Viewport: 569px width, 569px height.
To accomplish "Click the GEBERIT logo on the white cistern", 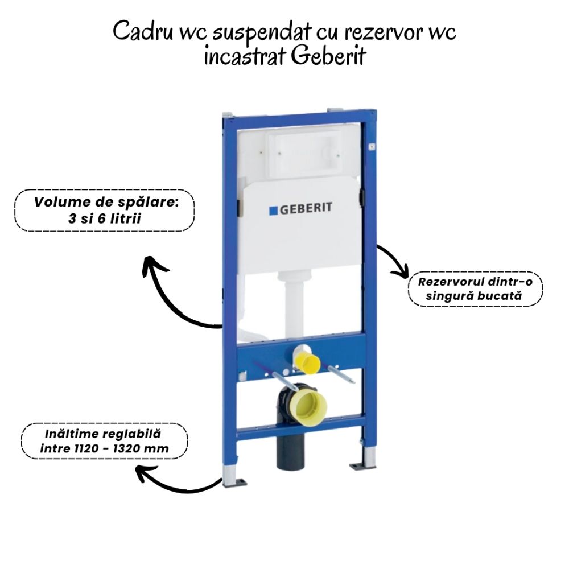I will pos(300,209).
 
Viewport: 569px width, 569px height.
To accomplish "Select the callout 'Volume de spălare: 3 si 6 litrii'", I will pos(105,211).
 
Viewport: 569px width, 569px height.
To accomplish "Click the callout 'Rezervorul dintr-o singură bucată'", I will pos(476,289).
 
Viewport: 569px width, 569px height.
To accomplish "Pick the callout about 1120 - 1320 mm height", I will pos(104,442).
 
